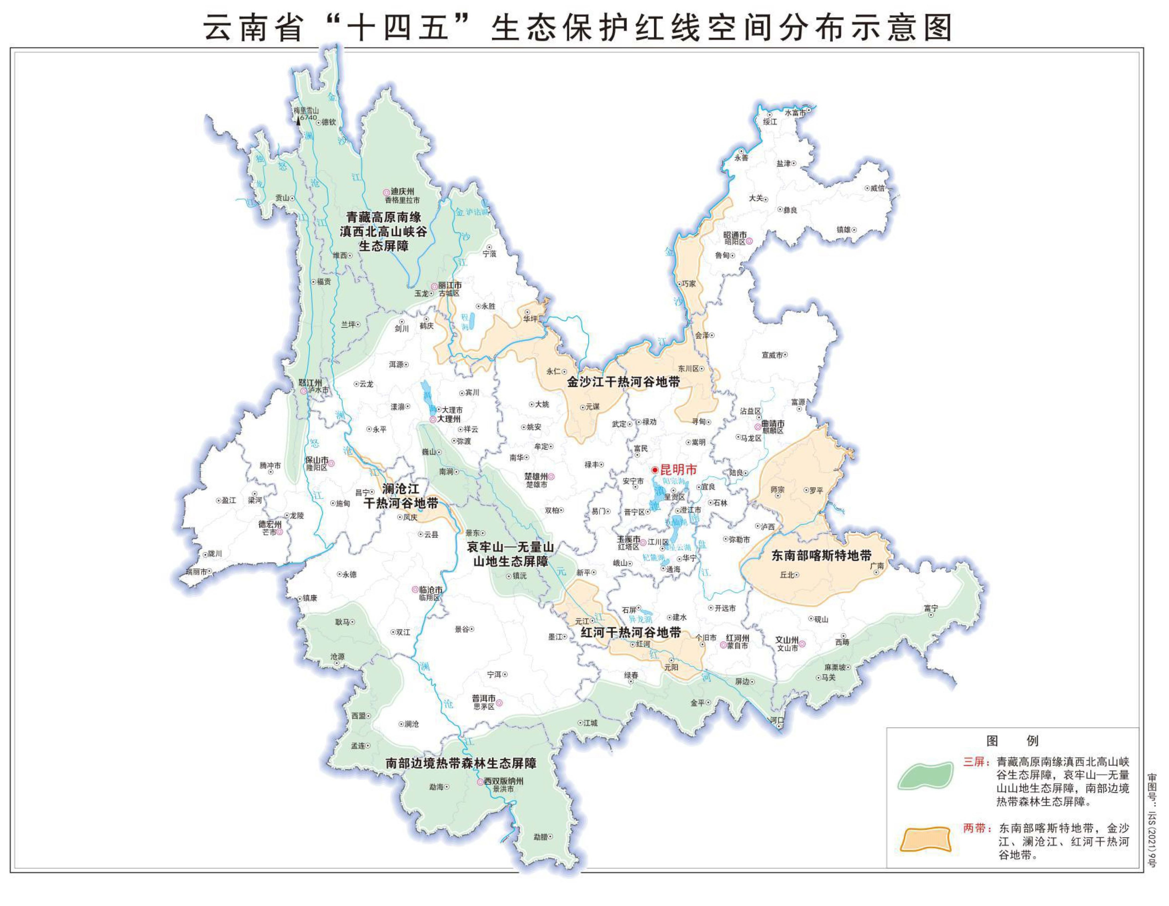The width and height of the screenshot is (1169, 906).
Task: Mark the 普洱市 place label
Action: coord(483,698)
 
